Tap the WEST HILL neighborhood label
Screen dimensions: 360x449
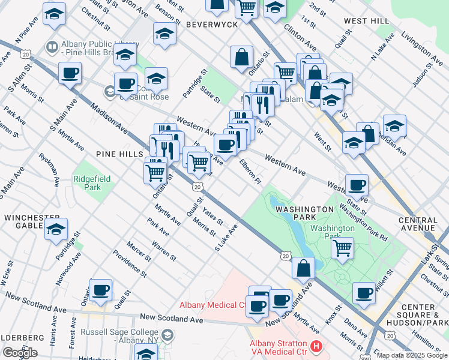366,21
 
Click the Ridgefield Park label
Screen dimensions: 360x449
88,183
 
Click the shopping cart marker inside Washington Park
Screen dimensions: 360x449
342,247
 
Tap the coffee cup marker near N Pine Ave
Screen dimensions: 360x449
70,73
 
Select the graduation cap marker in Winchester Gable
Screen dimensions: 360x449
56,229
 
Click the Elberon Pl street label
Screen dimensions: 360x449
250,172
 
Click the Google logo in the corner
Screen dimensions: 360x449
19,352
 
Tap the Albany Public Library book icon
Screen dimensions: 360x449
52,46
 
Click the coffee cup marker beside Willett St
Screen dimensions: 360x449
364,292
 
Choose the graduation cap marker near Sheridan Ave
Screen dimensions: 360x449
394,126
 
